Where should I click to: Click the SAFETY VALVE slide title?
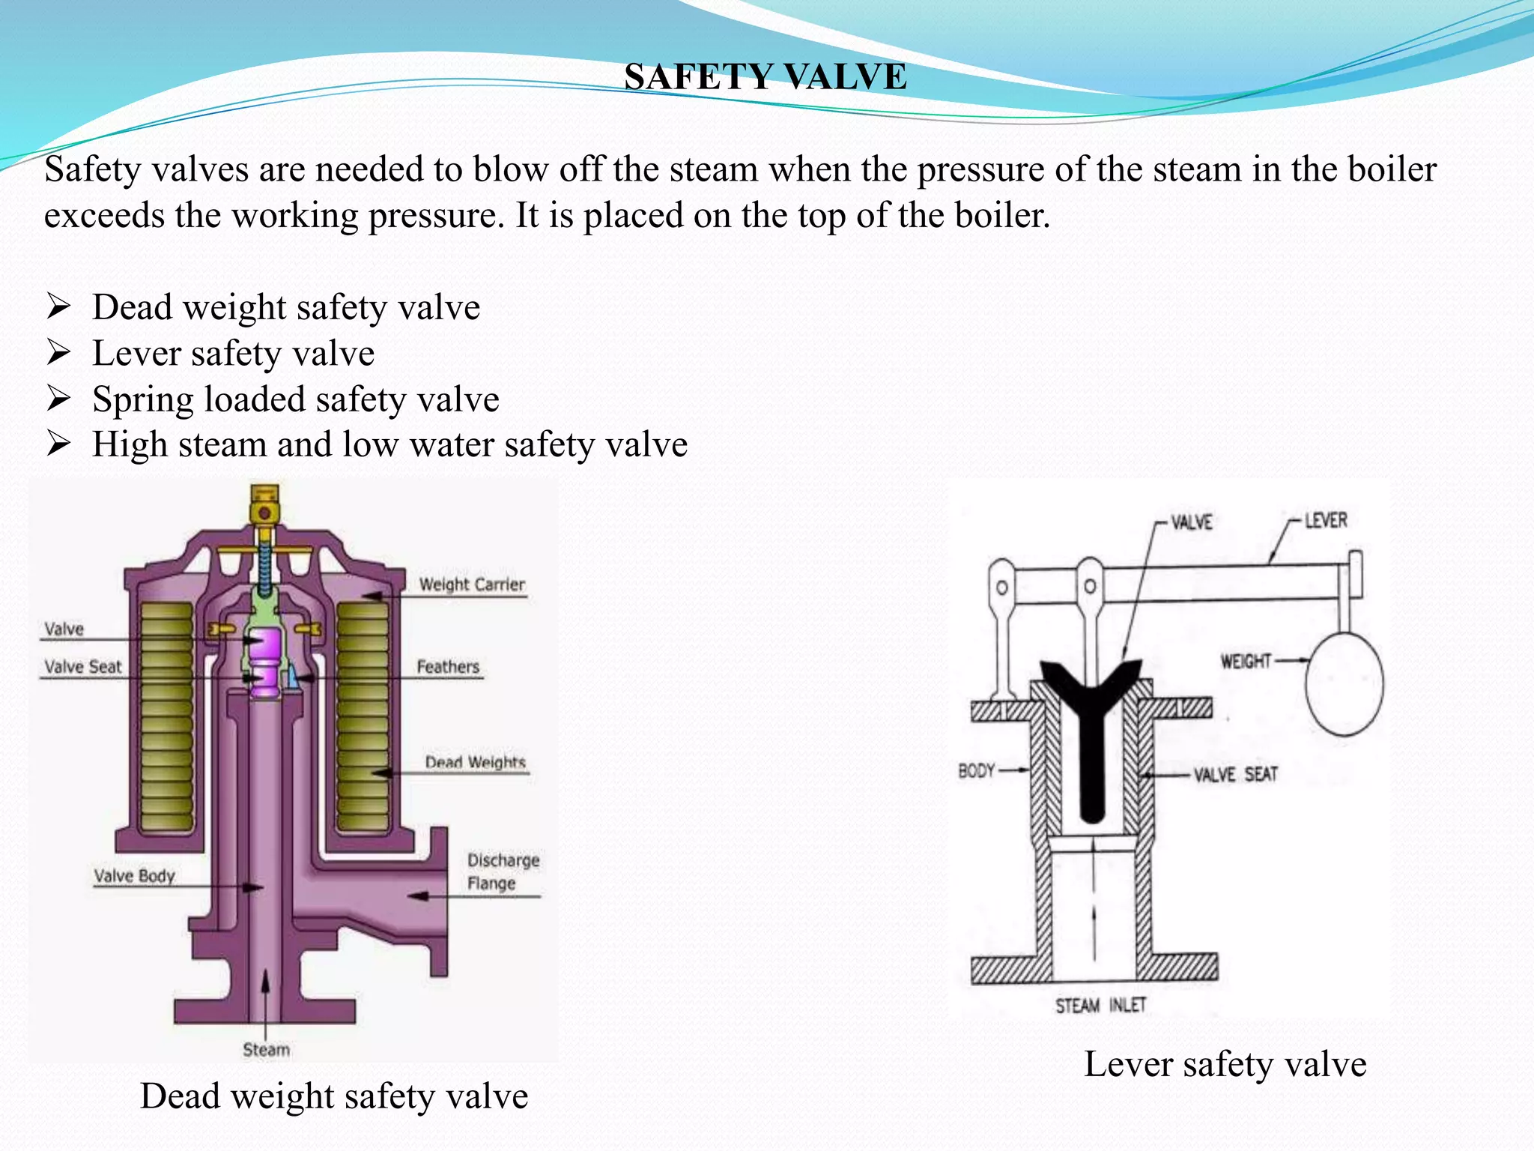(766, 76)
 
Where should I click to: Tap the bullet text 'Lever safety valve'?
(233, 353)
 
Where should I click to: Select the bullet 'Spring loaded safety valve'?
(295, 399)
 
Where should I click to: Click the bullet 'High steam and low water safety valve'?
(389, 444)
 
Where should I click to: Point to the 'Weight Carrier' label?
(471, 584)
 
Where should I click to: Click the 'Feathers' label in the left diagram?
(448, 666)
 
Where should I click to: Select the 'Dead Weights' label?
(475, 762)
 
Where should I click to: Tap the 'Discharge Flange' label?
(503, 871)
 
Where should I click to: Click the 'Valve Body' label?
(134, 875)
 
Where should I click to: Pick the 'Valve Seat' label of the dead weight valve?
(82, 666)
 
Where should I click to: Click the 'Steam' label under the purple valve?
(266, 1049)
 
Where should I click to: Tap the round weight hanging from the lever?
(1344, 684)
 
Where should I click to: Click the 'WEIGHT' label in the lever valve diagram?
(1246, 661)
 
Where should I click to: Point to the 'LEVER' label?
(1326, 520)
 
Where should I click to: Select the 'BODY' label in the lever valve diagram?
(976, 770)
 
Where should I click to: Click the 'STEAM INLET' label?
(1100, 1005)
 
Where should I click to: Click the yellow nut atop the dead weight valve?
(264, 507)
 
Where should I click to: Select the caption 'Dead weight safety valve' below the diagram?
(334, 1096)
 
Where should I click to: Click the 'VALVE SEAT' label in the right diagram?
(1235, 774)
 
